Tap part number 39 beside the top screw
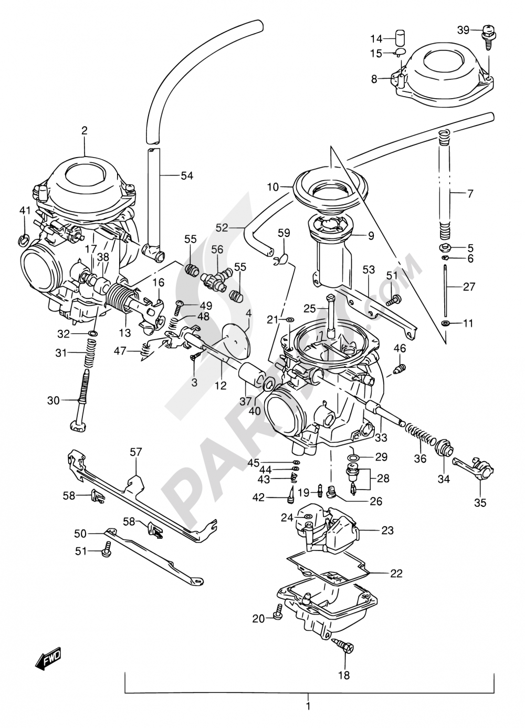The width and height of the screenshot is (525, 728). click(x=463, y=30)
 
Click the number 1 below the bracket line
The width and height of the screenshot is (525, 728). click(x=308, y=706)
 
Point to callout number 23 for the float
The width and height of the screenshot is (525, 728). click(x=387, y=531)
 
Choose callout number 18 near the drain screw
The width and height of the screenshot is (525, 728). click(x=343, y=675)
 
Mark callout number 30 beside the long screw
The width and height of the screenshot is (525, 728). click(x=54, y=400)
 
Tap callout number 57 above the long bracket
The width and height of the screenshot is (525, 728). click(x=136, y=452)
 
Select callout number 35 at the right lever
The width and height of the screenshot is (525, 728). click(x=480, y=503)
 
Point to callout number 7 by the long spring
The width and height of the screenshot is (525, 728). click(x=470, y=194)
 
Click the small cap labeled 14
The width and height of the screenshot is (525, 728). click(x=402, y=39)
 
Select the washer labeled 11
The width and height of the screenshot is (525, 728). click(x=445, y=323)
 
